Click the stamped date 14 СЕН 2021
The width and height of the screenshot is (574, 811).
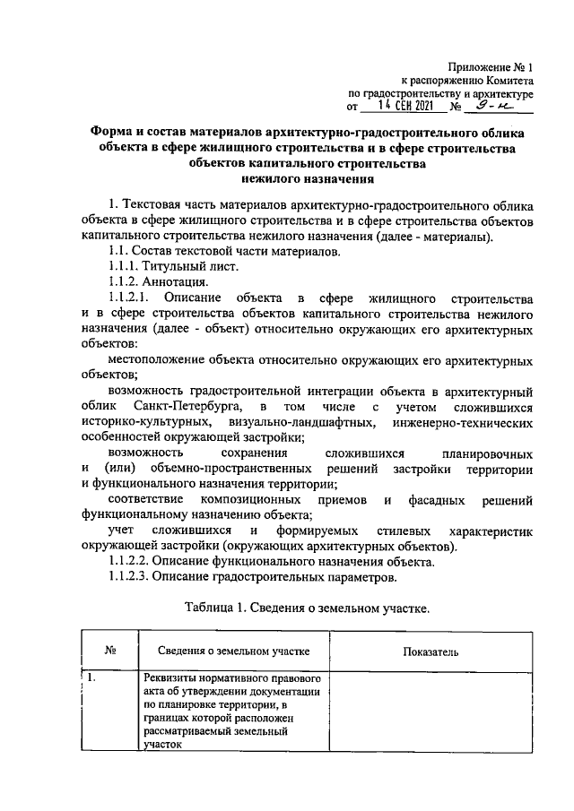405,106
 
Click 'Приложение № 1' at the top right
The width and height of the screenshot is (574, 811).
492,67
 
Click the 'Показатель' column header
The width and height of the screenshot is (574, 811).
431,651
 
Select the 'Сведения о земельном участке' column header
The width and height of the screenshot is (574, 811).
234,651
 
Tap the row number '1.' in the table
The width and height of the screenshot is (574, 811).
93,678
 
